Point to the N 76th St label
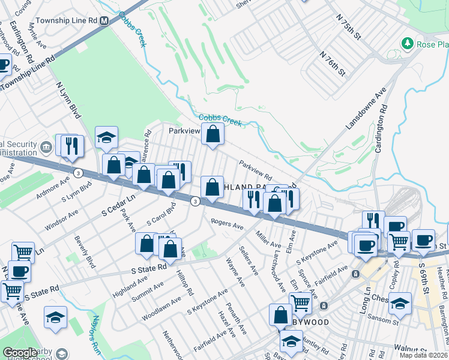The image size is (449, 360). [x=333, y=63]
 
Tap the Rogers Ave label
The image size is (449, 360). [x=227, y=224]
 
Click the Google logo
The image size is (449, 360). [x=20, y=353]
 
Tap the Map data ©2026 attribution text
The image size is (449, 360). [x=424, y=355]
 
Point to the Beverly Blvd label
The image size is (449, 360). [x=85, y=255]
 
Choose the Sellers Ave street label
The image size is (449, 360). [x=248, y=261]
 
